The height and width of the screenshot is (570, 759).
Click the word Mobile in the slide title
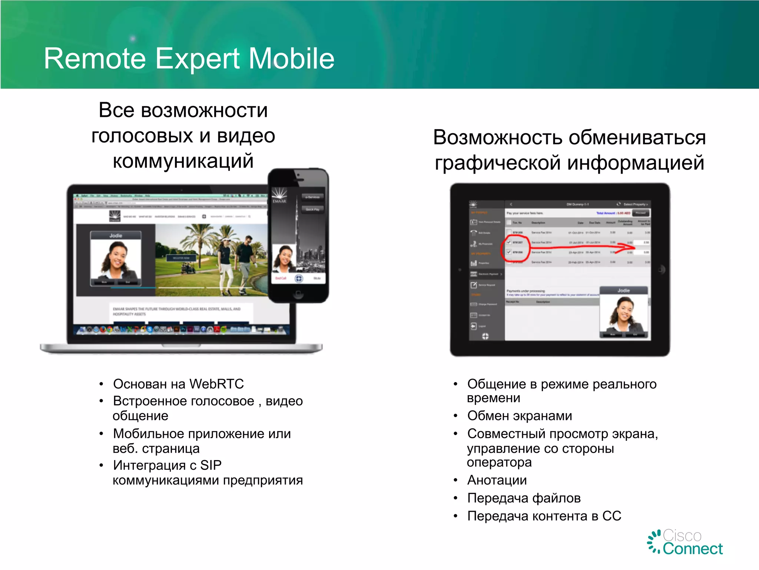tap(291, 59)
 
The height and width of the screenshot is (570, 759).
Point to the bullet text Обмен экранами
tap(519, 416)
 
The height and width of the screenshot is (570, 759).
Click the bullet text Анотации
tap(497, 480)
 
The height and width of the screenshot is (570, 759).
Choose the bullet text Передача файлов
tap(524, 498)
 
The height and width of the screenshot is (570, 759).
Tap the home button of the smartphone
tap(298, 294)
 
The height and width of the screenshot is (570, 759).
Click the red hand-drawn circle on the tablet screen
tap(514, 247)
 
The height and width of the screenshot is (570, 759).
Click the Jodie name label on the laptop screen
tap(116, 236)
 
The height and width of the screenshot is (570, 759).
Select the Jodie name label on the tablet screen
tap(623, 291)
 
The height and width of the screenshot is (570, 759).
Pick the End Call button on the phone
tap(281, 278)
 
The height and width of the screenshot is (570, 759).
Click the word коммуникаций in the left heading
tap(183, 161)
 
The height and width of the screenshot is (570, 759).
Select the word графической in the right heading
tap(498, 163)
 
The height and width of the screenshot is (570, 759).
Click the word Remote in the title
tap(95, 59)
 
